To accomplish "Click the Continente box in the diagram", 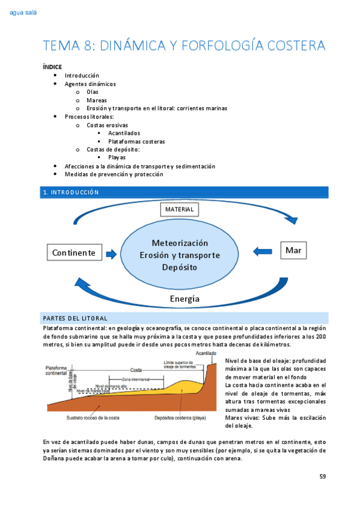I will [74, 253].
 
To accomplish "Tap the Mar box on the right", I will [293, 250].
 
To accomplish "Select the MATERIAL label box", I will [178, 209].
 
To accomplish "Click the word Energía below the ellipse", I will [185, 298].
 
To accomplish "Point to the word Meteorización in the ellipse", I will [180, 243].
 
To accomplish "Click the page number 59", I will [323, 476].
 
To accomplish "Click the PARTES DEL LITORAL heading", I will [75, 318].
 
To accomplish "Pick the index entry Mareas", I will [97, 100].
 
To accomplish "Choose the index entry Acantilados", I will [124, 133].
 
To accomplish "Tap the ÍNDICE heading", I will [52, 67].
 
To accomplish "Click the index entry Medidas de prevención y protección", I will [114, 174].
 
